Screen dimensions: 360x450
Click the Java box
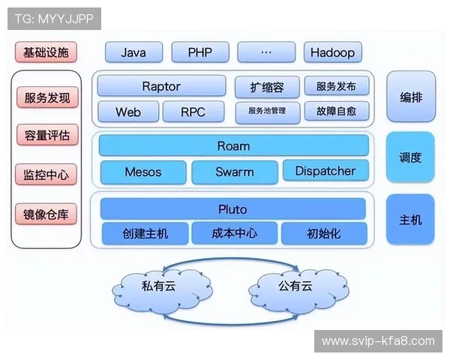tap(133, 52)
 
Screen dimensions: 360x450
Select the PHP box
tap(199, 52)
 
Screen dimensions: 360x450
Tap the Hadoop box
tap(333, 52)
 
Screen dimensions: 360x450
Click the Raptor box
tap(160, 86)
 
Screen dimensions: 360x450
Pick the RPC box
tap(193, 112)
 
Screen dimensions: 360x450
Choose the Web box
tap(128, 112)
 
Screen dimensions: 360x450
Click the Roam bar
tap(233, 145)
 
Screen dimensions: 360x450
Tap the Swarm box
tap(235, 172)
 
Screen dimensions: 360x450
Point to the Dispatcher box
tap(325, 171)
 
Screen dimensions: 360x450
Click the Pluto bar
tap(232, 208)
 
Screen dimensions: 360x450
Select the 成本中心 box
tap(235, 233)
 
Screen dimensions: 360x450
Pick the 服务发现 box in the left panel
tap(46, 97)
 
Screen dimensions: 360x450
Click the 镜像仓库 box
tap(46, 214)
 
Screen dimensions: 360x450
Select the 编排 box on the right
tap(410, 97)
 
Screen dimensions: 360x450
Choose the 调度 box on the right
tap(410, 157)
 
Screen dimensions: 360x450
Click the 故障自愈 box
tap(336, 112)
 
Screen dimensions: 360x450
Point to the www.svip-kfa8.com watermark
tap(378, 341)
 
